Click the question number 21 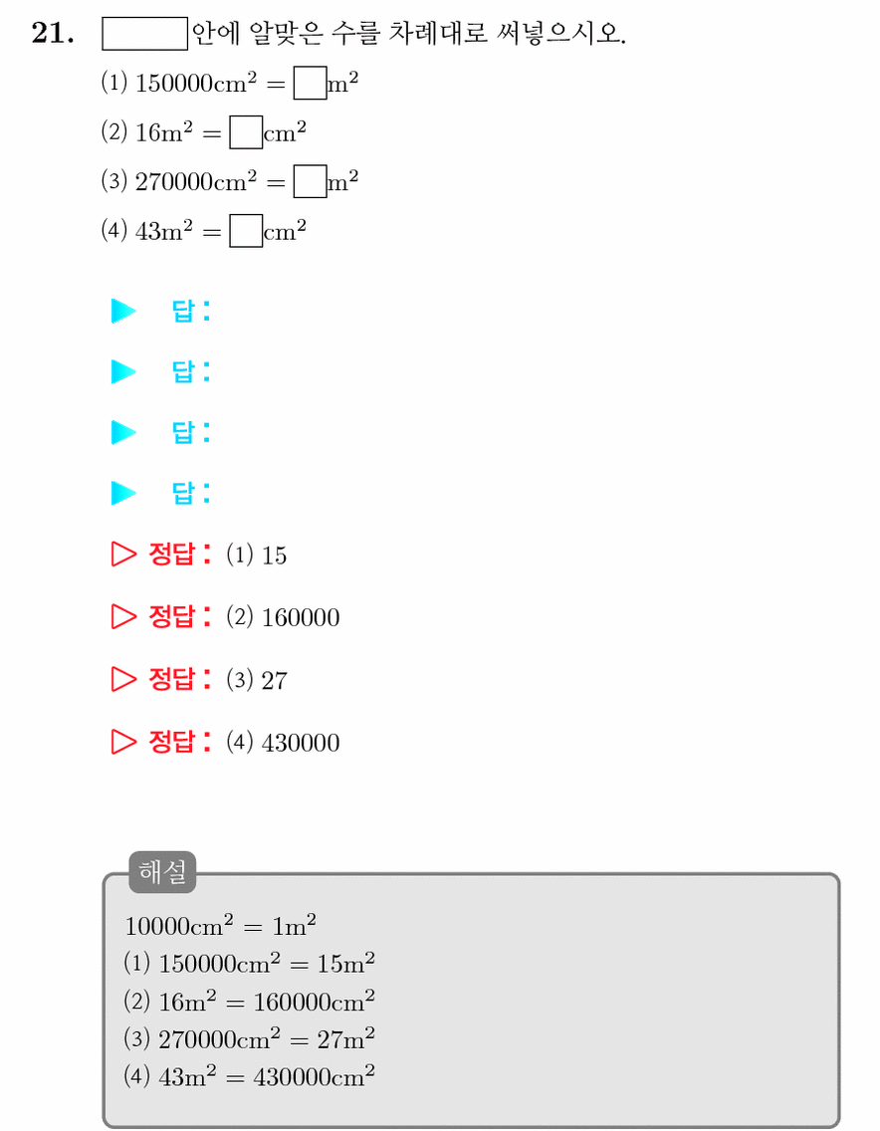53,33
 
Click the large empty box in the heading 145,33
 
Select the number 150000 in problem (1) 174,83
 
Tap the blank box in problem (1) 311,83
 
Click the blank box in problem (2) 246,132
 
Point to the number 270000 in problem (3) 174,181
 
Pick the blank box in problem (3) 311,181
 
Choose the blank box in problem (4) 246,231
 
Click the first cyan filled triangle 123,311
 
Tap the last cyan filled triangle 123,493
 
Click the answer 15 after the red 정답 274,556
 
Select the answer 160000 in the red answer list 301,617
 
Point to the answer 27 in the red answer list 274,680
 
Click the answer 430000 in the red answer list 301,743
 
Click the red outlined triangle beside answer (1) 123,554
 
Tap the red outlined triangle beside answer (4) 123,741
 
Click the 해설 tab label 162,872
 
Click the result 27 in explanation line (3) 330,1039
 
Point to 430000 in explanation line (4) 292,1077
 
